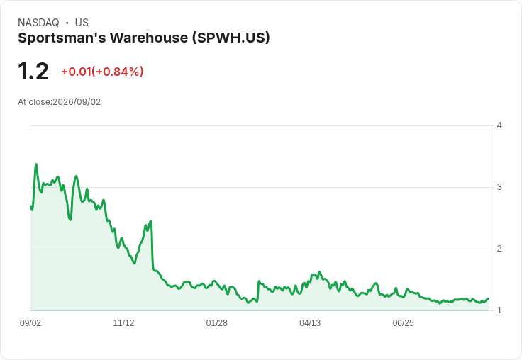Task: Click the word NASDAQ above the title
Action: point(38,23)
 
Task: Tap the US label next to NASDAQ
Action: point(82,23)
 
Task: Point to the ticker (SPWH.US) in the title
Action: point(231,38)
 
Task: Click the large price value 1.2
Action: point(33,72)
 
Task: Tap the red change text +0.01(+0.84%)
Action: point(102,72)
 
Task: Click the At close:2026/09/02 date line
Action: point(60,102)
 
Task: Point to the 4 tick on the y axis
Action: point(499,125)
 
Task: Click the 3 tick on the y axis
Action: point(499,187)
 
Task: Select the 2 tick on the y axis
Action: point(499,249)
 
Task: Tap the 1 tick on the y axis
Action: point(499,310)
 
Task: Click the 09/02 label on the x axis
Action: point(30,322)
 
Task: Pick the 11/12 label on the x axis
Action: point(123,322)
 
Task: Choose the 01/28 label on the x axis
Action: point(217,322)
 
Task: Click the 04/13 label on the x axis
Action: point(310,322)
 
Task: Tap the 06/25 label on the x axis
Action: point(403,322)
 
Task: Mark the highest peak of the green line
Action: point(36,164)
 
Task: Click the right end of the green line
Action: point(489,299)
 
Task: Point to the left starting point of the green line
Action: point(31,206)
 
